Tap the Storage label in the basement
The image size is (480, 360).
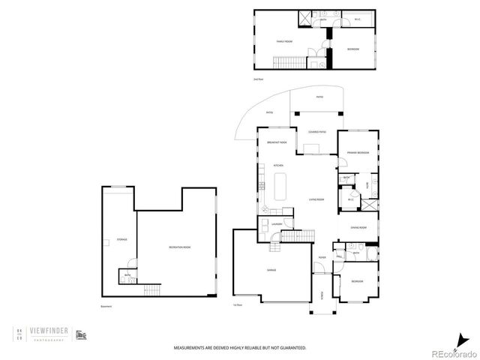tap(121, 239)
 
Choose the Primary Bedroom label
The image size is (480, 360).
tap(357, 152)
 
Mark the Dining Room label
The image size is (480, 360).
tap(358, 227)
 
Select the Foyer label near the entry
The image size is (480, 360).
tap(321, 257)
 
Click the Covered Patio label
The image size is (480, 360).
tap(316, 131)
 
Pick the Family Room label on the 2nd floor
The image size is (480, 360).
tap(284, 41)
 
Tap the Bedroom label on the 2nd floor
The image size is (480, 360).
tap(352, 49)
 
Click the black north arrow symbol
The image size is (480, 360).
tap(459, 337)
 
